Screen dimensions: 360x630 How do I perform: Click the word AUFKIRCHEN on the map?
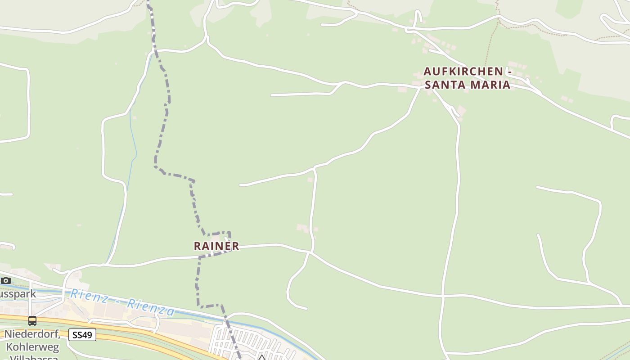tap(463, 72)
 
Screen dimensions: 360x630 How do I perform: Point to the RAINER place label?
tap(216, 246)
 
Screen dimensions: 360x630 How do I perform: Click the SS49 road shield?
tap(82, 335)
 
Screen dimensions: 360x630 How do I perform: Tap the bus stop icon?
tap(32, 321)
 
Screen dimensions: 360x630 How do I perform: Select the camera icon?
tap(5, 280)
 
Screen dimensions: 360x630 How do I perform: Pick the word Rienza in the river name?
tap(150, 306)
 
